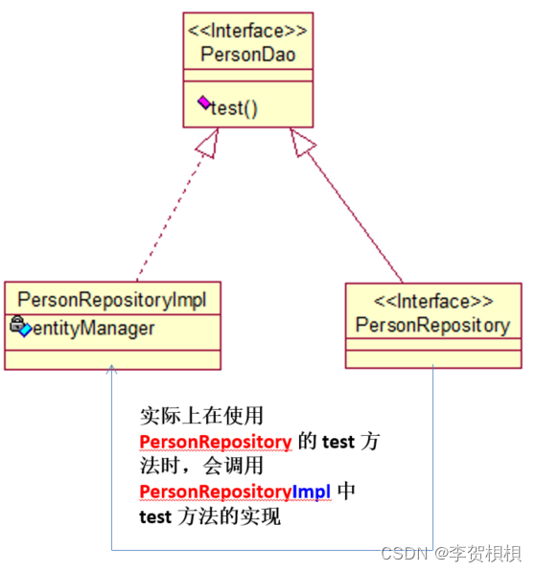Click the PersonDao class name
click(248, 55)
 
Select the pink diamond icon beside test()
click(204, 103)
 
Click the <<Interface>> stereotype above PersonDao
click(248, 32)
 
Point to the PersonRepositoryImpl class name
click(112, 298)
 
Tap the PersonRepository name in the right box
click(432, 325)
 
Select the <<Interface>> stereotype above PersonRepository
click(432, 302)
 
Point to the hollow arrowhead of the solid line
click(301, 143)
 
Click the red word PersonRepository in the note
click(216, 441)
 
